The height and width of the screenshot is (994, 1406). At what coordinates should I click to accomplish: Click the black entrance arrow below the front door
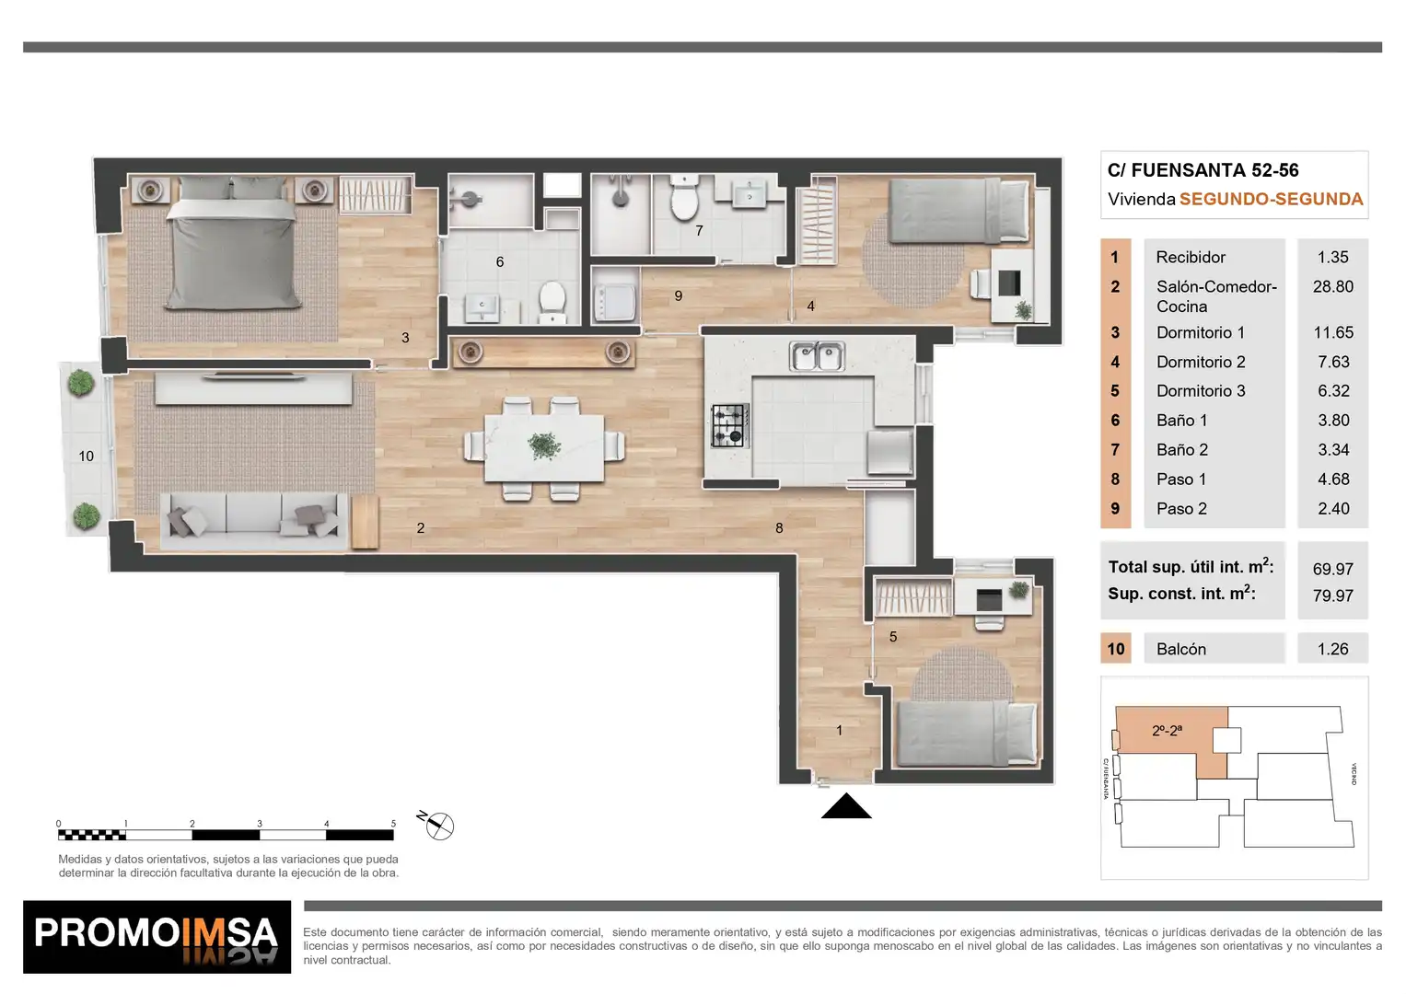pos(846,806)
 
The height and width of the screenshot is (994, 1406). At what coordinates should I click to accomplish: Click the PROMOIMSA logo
pos(157,937)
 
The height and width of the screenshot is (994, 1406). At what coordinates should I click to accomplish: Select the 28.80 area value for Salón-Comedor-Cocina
pos(1332,287)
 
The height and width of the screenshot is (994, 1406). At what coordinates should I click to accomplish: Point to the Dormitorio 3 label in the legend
pos(1201,391)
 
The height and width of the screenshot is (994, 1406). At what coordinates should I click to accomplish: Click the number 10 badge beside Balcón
pos(1115,649)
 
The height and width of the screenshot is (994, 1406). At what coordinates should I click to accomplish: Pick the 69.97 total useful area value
pos(1332,569)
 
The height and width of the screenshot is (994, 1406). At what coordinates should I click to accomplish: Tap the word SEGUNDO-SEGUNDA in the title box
pos(1271,200)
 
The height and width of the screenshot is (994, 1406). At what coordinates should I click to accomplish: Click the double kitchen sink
pos(817,356)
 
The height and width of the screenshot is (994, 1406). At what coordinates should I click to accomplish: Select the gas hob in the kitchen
pos(730,425)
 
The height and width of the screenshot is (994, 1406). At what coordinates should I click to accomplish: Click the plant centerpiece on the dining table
pos(543,445)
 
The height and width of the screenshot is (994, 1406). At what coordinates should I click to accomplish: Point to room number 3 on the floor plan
pos(405,338)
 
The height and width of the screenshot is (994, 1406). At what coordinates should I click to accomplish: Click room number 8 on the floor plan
pos(779,528)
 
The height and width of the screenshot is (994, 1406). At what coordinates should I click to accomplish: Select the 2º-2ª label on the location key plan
pos(1167,731)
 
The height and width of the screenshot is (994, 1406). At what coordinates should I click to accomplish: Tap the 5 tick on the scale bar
pos(393,824)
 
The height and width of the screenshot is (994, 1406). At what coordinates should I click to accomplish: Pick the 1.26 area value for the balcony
pos(1332,649)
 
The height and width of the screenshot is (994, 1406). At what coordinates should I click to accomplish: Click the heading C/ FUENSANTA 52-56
pos(1203,170)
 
